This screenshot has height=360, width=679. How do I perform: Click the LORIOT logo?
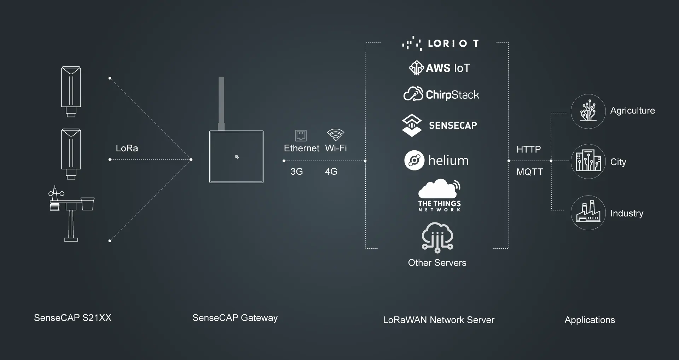[x=440, y=43]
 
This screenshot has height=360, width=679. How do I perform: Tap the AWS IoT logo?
[x=440, y=68]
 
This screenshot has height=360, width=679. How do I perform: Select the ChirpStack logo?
[x=441, y=94]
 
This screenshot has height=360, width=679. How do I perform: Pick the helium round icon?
[x=414, y=161]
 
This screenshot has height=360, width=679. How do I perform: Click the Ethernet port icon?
[x=301, y=135]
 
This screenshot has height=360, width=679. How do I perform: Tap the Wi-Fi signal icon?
[x=336, y=135]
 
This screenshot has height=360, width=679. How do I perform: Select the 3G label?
[x=297, y=172]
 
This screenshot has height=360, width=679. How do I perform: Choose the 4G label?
[x=331, y=172]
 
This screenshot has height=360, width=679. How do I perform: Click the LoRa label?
[x=127, y=148]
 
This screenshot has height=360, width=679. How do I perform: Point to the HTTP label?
[x=529, y=149]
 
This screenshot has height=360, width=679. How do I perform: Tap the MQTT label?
[x=529, y=172]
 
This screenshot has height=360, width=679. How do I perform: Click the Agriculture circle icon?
[x=588, y=111]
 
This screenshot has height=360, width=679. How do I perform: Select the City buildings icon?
[x=588, y=161]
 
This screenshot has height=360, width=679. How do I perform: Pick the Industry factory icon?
[x=588, y=213]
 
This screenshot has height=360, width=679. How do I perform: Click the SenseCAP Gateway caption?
[x=235, y=318]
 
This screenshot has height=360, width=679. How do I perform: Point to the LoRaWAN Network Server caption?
[x=439, y=320]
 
